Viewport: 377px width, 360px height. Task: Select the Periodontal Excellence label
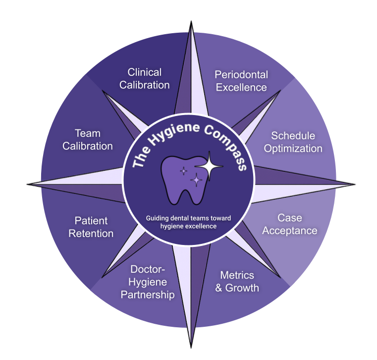[241, 81]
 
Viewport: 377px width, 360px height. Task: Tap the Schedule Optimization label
[293, 142]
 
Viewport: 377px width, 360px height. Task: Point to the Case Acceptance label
[290, 224]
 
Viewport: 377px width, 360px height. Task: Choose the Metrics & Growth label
[237, 281]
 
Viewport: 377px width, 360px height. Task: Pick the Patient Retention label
[91, 227]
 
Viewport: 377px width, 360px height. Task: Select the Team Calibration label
[87, 139]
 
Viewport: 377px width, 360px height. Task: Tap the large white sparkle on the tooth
[209, 167]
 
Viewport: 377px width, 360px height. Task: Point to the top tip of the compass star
[191, 22]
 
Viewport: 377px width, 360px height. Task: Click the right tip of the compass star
[355, 184]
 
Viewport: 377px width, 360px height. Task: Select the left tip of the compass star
[27, 185]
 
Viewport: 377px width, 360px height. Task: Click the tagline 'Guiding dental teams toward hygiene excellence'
[189, 222]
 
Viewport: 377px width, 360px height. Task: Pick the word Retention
[91, 233]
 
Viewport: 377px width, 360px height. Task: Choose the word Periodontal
[241, 74]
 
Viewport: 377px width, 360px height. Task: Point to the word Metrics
[237, 275]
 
